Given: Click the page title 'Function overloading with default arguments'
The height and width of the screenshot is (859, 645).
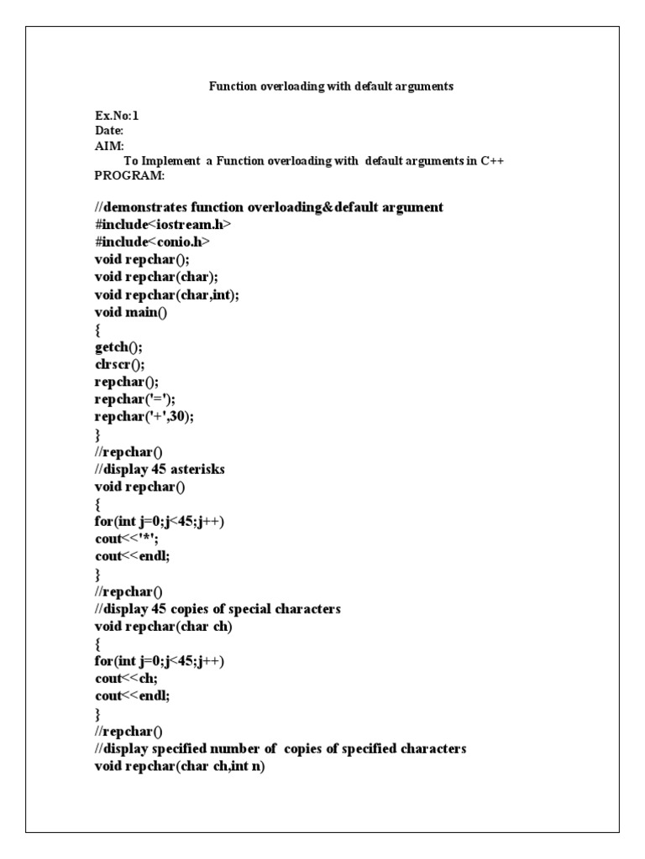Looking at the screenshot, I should tap(331, 86).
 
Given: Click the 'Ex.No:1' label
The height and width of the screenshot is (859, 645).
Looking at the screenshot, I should tap(117, 116).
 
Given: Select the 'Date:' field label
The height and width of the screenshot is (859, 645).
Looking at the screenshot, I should tap(109, 131).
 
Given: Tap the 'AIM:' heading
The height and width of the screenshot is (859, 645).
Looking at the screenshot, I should tap(109, 146).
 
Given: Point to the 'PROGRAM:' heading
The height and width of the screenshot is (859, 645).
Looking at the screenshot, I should tap(129, 176).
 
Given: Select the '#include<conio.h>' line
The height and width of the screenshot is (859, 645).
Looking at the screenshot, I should tap(152, 242).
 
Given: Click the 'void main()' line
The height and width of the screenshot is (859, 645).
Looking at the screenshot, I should tap(134, 311).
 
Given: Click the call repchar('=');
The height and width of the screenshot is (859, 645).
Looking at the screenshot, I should tap(136, 399).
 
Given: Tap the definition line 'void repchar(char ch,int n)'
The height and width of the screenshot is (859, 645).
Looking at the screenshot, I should tap(180, 766).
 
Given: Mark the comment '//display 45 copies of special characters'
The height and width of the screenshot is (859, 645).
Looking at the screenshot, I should tap(218, 609).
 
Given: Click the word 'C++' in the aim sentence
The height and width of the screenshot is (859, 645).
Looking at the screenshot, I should tap(491, 161).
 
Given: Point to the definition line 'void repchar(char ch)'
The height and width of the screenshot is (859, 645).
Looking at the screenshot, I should tap(163, 627).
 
